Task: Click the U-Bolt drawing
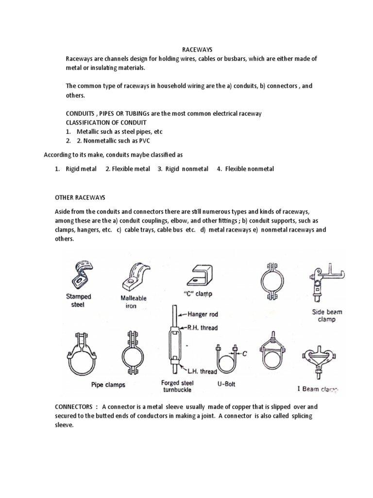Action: [x=225, y=363]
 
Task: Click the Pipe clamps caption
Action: [x=108, y=384]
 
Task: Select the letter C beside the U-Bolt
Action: [x=245, y=354]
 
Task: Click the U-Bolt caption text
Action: [x=225, y=384]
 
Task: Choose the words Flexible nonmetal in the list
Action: [x=249, y=169]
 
